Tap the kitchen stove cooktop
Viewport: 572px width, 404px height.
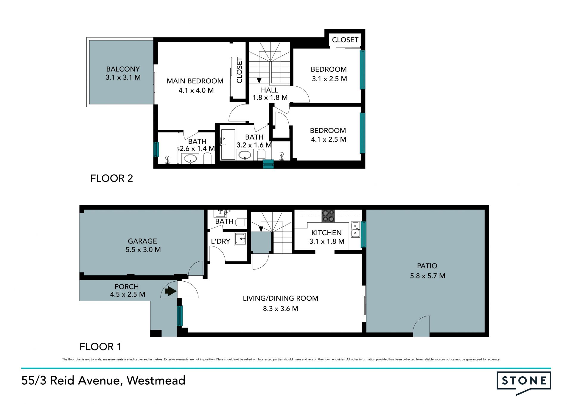(328, 216)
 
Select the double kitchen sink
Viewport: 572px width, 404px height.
(355, 230)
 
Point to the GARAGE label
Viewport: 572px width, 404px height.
(142, 241)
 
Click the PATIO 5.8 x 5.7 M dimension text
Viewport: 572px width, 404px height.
(428, 276)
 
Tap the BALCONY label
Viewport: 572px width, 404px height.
(123, 69)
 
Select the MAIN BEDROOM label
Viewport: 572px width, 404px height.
(195, 81)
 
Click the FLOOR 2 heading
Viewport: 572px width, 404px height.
(112, 178)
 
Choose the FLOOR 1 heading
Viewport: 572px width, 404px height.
(100, 347)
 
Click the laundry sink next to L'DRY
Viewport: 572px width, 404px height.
(240, 238)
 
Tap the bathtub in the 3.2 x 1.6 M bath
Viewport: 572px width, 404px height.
(228, 144)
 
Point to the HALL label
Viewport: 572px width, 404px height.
(270, 90)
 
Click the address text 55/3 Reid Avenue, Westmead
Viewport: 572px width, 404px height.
(103, 380)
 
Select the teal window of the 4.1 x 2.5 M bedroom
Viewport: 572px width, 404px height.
(363, 133)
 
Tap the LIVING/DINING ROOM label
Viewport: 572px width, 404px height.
(281, 298)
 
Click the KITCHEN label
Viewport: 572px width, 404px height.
(327, 233)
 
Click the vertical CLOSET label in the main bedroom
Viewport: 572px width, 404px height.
(240, 70)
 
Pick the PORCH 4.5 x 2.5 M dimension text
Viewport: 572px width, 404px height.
(128, 294)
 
